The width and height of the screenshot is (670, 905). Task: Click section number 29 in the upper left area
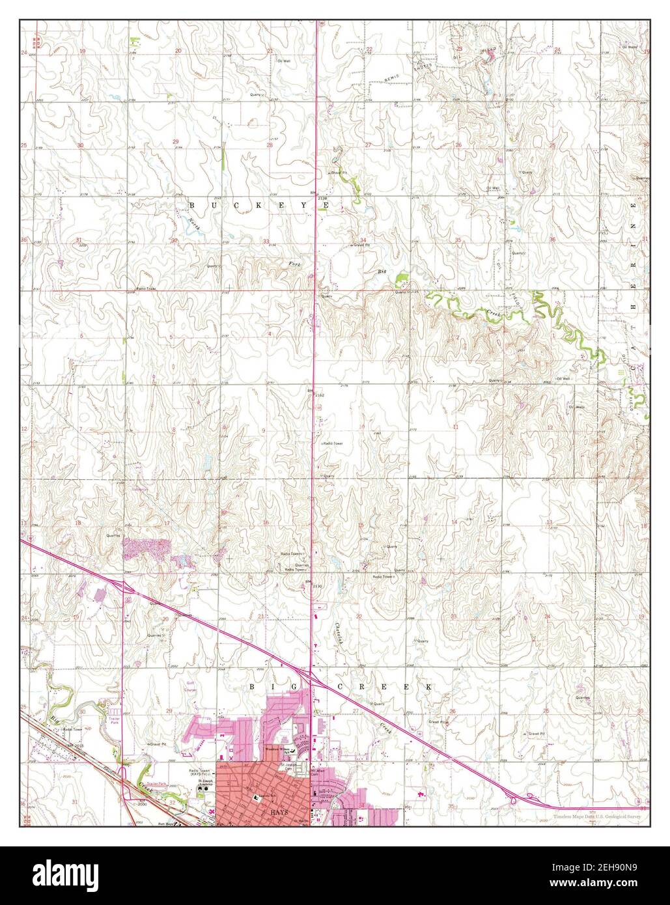point(175,141)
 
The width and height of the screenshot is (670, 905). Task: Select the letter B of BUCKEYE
point(192,204)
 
